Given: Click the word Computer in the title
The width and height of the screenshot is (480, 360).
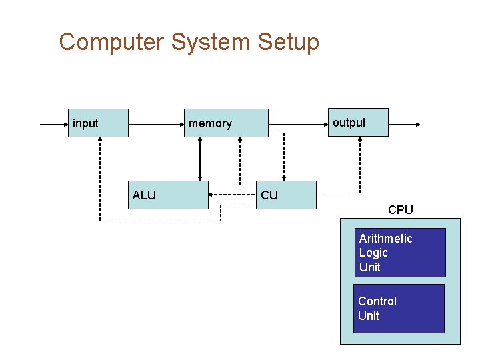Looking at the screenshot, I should pos(111,42).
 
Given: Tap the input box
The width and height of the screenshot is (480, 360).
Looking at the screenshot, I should pos(97,123).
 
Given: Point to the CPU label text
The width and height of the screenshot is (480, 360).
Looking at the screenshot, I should pos(401,209).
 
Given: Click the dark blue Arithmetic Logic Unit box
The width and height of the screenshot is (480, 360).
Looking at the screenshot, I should pos(399,253).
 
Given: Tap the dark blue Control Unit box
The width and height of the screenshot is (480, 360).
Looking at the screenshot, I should pos(399,309).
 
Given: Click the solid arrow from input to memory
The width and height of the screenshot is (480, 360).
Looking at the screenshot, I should pos(156,124).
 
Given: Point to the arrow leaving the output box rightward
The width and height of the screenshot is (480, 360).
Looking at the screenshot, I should pos(404,124).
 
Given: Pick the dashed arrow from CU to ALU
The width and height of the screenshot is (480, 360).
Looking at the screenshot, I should pos(233,195).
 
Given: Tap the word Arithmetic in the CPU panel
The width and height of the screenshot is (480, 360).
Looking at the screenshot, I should pos(385,239).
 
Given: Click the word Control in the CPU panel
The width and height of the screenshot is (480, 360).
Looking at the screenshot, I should pos(377,301).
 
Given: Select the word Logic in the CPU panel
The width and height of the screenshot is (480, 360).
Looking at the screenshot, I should pos(373,253).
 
